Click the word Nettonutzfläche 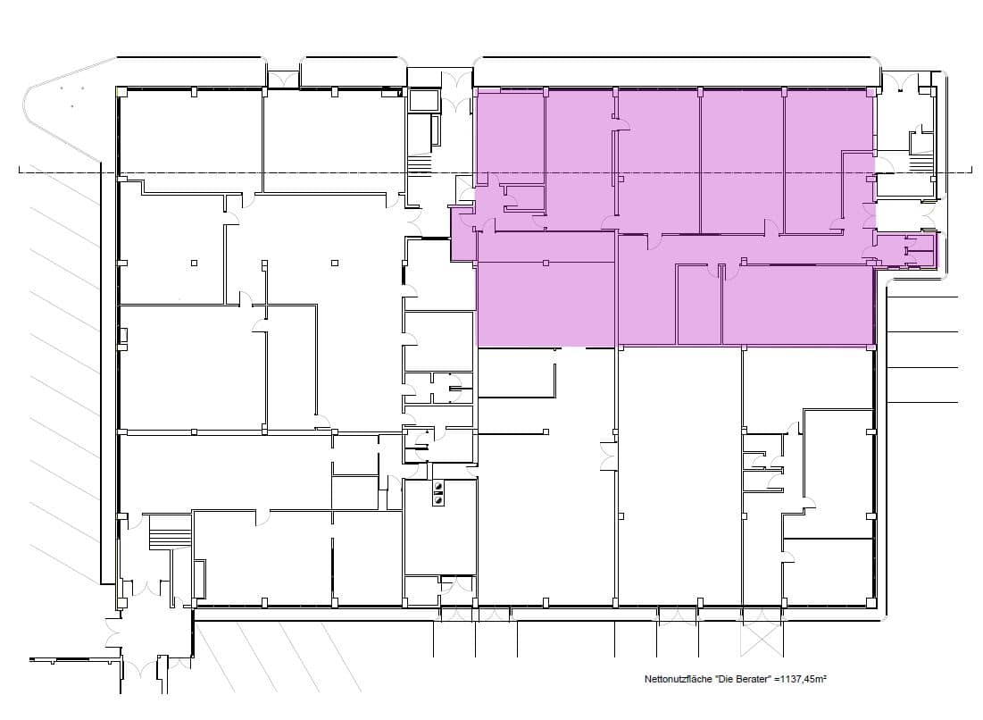coord(679,679)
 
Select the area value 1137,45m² coord(803,679)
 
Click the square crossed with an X coord(762,640)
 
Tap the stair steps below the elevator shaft coord(420,165)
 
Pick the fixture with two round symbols coord(438,493)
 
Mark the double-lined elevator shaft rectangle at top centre coord(424,101)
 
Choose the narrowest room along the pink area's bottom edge coord(699,305)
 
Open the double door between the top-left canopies coord(284,80)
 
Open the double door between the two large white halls coord(609,456)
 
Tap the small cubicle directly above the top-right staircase coord(921,138)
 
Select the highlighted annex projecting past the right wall coord(906,249)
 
